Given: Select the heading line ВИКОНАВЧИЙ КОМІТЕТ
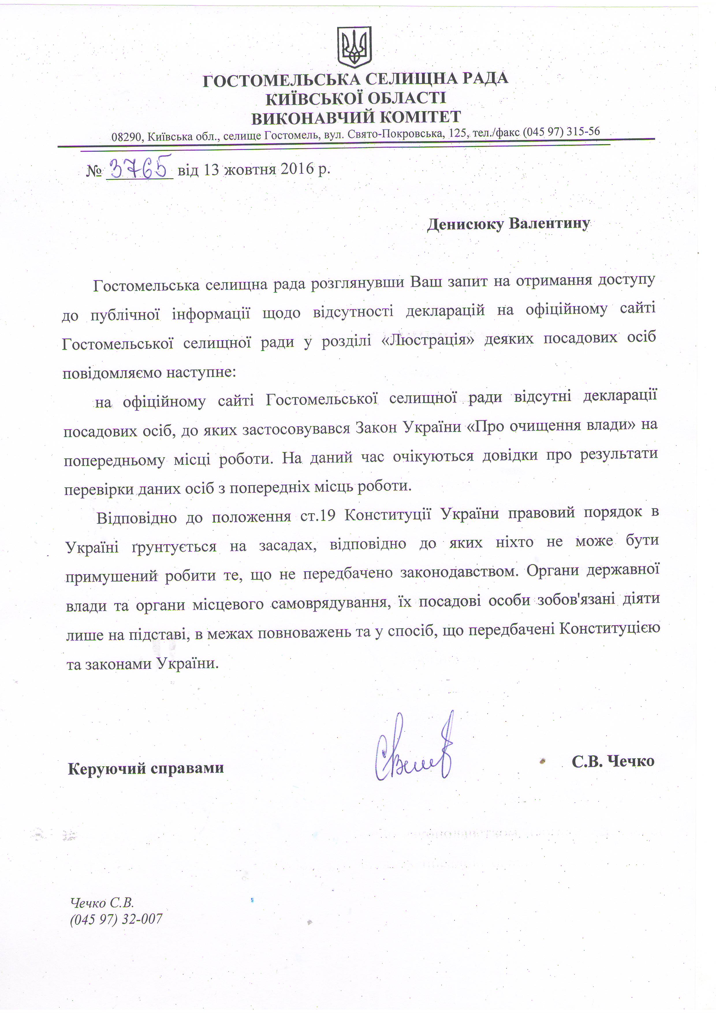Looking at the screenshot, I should tap(356, 117).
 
